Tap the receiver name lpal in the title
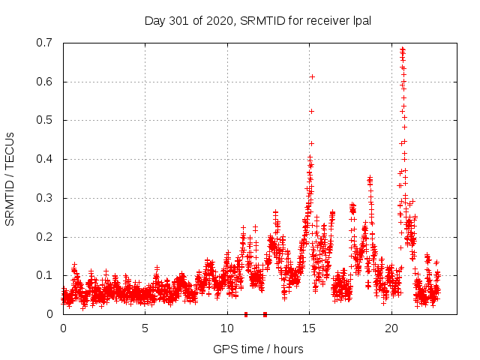(360, 21)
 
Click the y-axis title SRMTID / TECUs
(10, 178)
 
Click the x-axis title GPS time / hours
(258, 349)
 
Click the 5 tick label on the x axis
(145, 328)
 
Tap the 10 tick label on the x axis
(226, 328)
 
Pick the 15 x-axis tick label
(309, 328)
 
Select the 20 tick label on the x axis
(391, 328)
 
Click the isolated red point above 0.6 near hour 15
(312, 76)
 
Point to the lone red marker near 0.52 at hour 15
(311, 111)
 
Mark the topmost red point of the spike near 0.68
(403, 49)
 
